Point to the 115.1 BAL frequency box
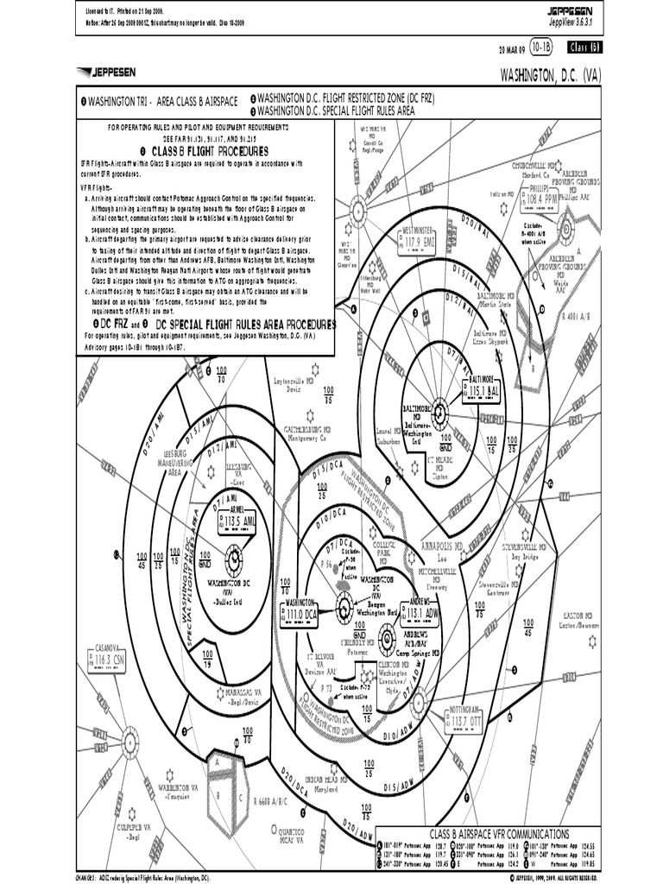480,391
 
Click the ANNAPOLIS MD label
442,546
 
